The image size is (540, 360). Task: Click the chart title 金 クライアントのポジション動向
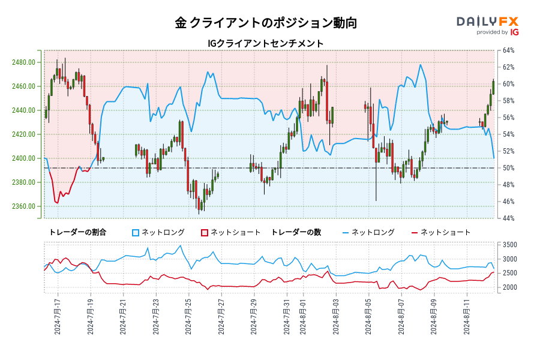point(266,23)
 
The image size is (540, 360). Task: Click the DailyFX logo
point(488,22)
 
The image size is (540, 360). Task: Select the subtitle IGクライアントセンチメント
point(265,43)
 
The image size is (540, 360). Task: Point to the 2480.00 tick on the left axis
point(27,62)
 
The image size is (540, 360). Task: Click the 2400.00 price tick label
point(27,158)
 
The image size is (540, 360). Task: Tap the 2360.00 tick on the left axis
point(27,206)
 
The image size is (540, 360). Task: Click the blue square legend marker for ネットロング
point(136,232)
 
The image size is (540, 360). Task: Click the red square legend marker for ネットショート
point(204,232)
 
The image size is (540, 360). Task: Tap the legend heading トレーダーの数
point(296,232)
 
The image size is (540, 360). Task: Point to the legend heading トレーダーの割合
point(78,232)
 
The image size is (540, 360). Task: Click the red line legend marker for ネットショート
point(415,232)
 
